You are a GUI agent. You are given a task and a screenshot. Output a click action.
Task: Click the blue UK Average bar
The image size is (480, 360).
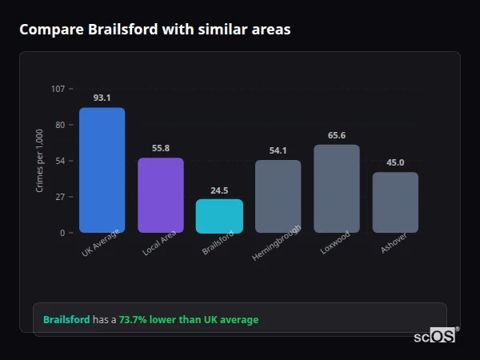102,170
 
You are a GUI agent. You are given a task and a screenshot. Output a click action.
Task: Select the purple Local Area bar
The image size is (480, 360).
161,195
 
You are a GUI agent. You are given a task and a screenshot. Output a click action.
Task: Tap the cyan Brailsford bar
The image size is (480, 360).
219,216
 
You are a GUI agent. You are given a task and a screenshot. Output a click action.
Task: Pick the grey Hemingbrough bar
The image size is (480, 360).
278,196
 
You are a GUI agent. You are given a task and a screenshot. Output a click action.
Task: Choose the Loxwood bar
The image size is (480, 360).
337,189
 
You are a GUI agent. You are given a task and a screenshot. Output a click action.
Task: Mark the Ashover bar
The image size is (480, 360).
395,202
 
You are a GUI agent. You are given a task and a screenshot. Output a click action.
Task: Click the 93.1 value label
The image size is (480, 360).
102,98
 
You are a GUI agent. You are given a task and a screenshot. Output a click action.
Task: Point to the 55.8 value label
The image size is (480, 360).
161,148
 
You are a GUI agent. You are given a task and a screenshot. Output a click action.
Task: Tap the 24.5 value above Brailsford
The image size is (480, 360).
219,190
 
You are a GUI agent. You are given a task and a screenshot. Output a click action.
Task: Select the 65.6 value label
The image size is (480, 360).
337,135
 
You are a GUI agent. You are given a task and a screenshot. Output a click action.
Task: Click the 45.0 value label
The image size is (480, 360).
395,162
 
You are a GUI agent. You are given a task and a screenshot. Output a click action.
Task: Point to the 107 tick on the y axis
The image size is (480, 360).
58,89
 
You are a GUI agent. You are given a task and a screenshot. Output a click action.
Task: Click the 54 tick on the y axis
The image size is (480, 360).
60,161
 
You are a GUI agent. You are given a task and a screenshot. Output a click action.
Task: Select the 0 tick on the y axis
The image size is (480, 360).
62,233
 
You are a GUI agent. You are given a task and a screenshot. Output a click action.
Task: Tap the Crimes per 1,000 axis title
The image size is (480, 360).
40,161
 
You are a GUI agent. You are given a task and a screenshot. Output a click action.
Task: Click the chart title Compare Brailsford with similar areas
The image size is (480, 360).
155,30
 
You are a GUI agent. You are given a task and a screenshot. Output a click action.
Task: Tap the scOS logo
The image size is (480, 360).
434,337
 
